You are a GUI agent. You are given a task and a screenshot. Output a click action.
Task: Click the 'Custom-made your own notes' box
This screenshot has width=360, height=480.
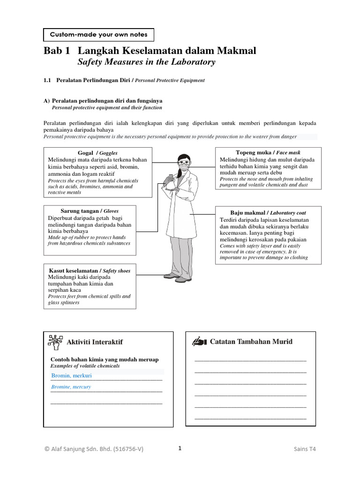click(x=98, y=35)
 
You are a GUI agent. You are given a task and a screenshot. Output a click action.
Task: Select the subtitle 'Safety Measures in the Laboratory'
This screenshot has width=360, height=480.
click(x=146, y=62)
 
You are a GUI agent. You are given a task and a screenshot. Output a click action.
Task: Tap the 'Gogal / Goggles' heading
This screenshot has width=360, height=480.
click(x=97, y=153)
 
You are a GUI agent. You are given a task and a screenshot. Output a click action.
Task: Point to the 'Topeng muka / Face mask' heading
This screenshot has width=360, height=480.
click(x=268, y=152)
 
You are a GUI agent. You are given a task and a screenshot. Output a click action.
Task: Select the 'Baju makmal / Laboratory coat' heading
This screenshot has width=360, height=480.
click(x=268, y=213)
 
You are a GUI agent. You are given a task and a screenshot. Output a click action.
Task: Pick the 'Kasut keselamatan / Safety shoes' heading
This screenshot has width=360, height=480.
click(x=90, y=270)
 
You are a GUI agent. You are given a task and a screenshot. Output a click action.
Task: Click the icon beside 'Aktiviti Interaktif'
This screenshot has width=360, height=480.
click(x=55, y=342)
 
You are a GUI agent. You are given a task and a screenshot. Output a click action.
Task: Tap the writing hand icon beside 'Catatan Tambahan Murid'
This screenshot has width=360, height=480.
click(x=199, y=341)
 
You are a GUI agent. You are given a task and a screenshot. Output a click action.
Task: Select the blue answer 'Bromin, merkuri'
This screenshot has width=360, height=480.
click(x=72, y=375)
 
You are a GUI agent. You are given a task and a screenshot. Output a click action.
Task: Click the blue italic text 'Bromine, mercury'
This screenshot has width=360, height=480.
click(x=71, y=387)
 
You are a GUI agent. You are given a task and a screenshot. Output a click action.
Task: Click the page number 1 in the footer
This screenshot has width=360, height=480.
click(x=180, y=448)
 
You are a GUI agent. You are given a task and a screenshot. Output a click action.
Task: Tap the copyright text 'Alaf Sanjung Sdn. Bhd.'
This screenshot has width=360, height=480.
click(x=94, y=449)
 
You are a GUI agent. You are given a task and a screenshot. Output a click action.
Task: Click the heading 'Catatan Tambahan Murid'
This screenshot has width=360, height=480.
click(x=251, y=341)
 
